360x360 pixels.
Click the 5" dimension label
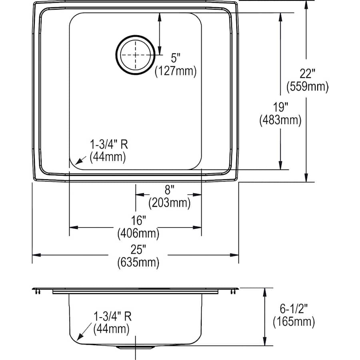coord(176,58)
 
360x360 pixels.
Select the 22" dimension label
coord(307,74)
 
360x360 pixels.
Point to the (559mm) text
coord(308,86)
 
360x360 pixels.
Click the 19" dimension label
coord(280,107)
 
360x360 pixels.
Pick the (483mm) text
coord(280,120)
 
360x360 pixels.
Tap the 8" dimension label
coord(170,190)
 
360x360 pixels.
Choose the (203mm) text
coord(170,203)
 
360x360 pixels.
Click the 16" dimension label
coord(138,221)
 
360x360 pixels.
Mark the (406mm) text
coord(138,234)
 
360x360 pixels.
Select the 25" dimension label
coord(138,249)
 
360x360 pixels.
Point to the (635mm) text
coord(138,262)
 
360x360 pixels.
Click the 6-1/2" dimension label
coord(294,309)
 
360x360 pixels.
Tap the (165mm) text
coord(294,322)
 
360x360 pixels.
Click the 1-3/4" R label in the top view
coord(108,145)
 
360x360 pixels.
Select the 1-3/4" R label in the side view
coord(112,316)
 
